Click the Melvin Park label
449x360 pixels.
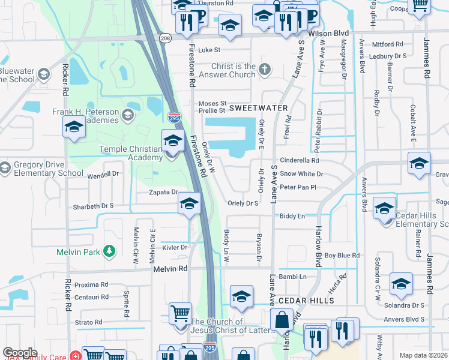(x=78, y=252)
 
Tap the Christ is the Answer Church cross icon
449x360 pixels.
(x=265, y=71)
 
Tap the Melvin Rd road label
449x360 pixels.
(x=170, y=269)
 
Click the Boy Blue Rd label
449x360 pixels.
(x=342, y=256)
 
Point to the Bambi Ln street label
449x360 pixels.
(x=292, y=277)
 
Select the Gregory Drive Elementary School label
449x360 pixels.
(x=46, y=169)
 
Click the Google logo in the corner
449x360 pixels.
(x=20, y=353)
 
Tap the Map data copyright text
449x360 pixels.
(x=423, y=355)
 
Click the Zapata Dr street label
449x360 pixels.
(x=164, y=192)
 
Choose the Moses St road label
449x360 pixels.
(x=212, y=103)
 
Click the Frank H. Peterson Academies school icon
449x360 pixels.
(x=127, y=115)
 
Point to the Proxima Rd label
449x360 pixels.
(x=92, y=284)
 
